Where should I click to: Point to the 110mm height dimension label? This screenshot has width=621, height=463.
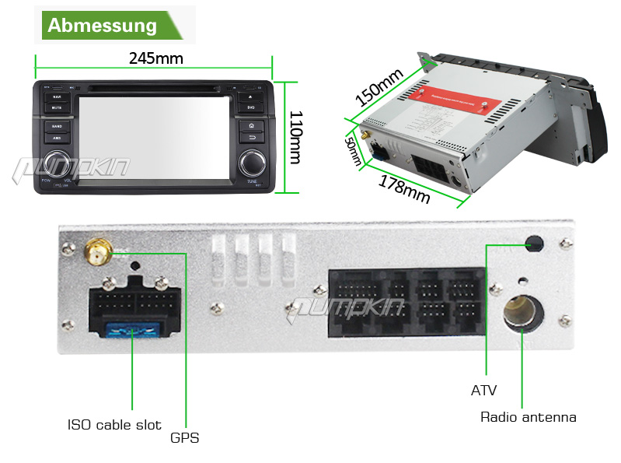tap(295, 136)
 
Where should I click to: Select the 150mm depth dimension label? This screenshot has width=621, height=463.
tap(380, 89)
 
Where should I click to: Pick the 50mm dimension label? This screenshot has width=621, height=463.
tap(353, 151)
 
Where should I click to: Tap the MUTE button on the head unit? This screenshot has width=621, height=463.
tap(57, 107)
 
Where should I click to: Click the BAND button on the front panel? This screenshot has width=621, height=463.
tap(57, 125)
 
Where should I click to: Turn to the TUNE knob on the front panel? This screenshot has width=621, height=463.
tap(252, 162)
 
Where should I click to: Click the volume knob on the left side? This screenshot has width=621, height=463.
tap(57, 162)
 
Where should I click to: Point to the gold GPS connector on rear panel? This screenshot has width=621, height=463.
tap(99, 251)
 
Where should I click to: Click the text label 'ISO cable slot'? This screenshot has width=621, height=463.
tap(114, 425)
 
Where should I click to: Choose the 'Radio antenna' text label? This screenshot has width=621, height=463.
tap(529, 417)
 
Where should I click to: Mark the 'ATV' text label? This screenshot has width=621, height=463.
tap(483, 391)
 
